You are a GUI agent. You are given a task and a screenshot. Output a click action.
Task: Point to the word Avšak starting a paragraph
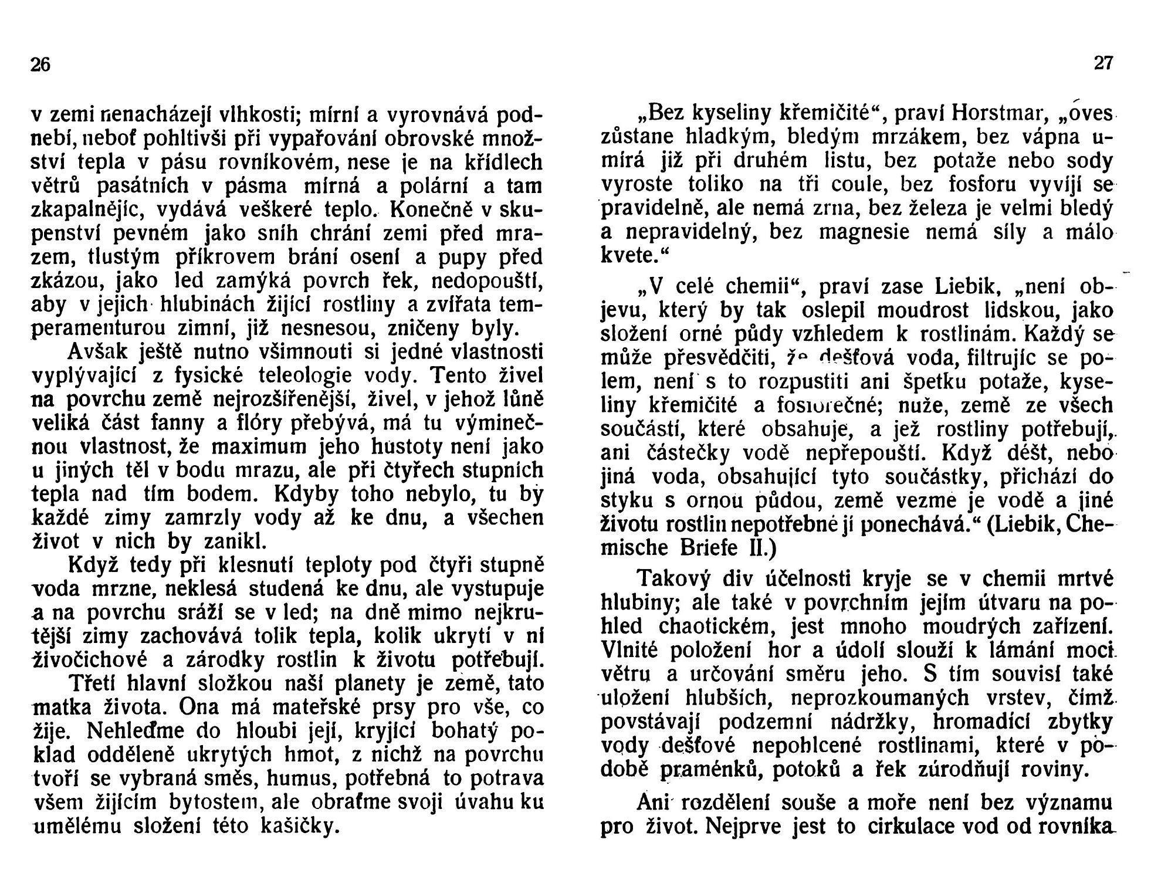pos(100,352)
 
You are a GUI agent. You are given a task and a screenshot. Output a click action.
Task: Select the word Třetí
pos(97,684)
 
